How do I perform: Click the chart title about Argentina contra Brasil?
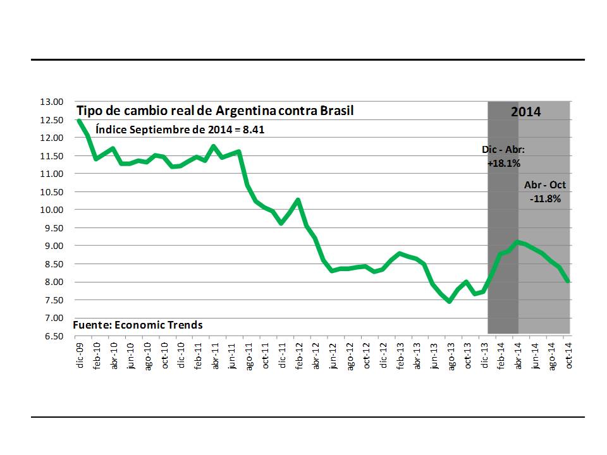tap(215, 111)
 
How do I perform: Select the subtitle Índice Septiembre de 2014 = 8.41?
tap(180, 130)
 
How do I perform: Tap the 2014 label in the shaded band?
tap(526, 112)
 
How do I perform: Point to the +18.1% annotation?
tap(503, 163)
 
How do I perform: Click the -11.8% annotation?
tap(545, 198)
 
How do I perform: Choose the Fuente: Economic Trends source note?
tap(138, 325)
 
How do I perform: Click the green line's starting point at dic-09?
tap(79, 120)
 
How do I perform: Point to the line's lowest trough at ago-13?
tap(450, 301)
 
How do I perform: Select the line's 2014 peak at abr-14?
tap(518, 241)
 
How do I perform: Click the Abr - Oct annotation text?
tap(545, 185)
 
